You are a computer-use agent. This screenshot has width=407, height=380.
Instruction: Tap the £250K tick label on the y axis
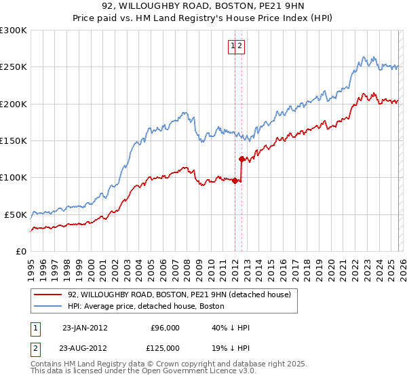tap(14, 67)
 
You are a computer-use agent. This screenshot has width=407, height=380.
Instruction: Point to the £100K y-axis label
tap(14, 177)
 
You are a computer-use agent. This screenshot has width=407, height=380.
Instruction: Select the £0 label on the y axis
tap(20, 251)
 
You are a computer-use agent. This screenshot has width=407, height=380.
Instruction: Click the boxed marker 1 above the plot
tap(233, 46)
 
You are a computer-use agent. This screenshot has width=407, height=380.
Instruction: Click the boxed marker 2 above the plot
tap(240, 46)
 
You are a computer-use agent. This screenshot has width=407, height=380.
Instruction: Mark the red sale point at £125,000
tap(241, 159)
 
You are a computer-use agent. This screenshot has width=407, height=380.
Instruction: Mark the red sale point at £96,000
tap(235, 180)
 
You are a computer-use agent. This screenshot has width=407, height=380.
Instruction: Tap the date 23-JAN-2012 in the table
tap(85, 328)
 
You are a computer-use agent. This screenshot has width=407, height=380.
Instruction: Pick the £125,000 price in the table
tap(165, 348)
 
